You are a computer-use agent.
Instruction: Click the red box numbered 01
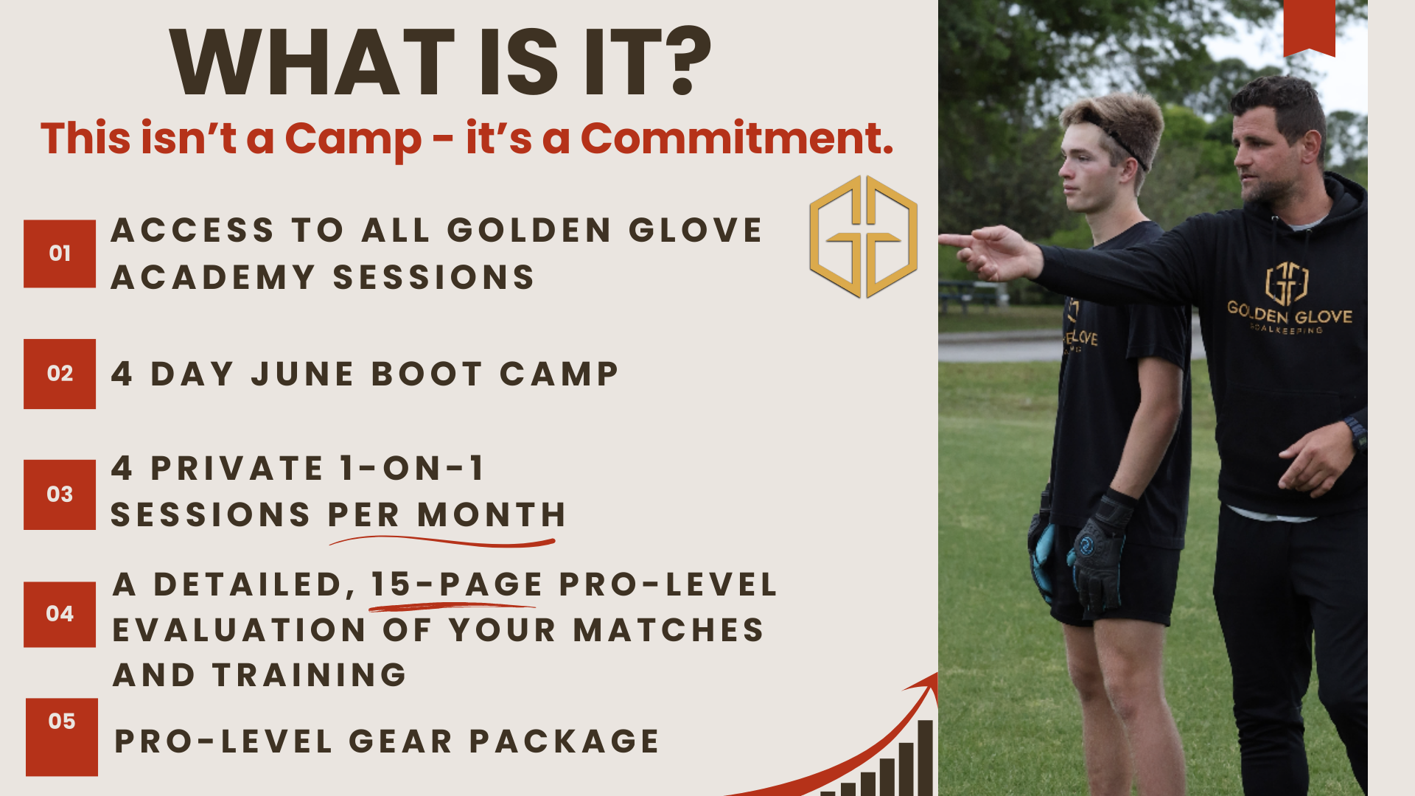tap(60, 254)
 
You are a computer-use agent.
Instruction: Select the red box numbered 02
tap(60, 374)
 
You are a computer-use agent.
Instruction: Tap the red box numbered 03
tap(60, 495)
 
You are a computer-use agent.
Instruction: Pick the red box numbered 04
tap(60, 614)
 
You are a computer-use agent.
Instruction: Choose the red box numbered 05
tap(62, 737)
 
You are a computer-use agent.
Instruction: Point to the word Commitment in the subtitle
tap(737, 138)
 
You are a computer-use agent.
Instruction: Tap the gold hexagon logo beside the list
tap(863, 237)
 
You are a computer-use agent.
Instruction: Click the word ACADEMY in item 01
tap(214, 278)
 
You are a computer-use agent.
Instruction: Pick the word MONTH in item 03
tap(492, 514)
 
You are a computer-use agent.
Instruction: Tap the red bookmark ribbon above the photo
tap(1310, 28)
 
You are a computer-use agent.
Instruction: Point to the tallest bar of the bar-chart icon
tap(925, 758)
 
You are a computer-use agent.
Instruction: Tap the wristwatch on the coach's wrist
tap(1356, 431)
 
